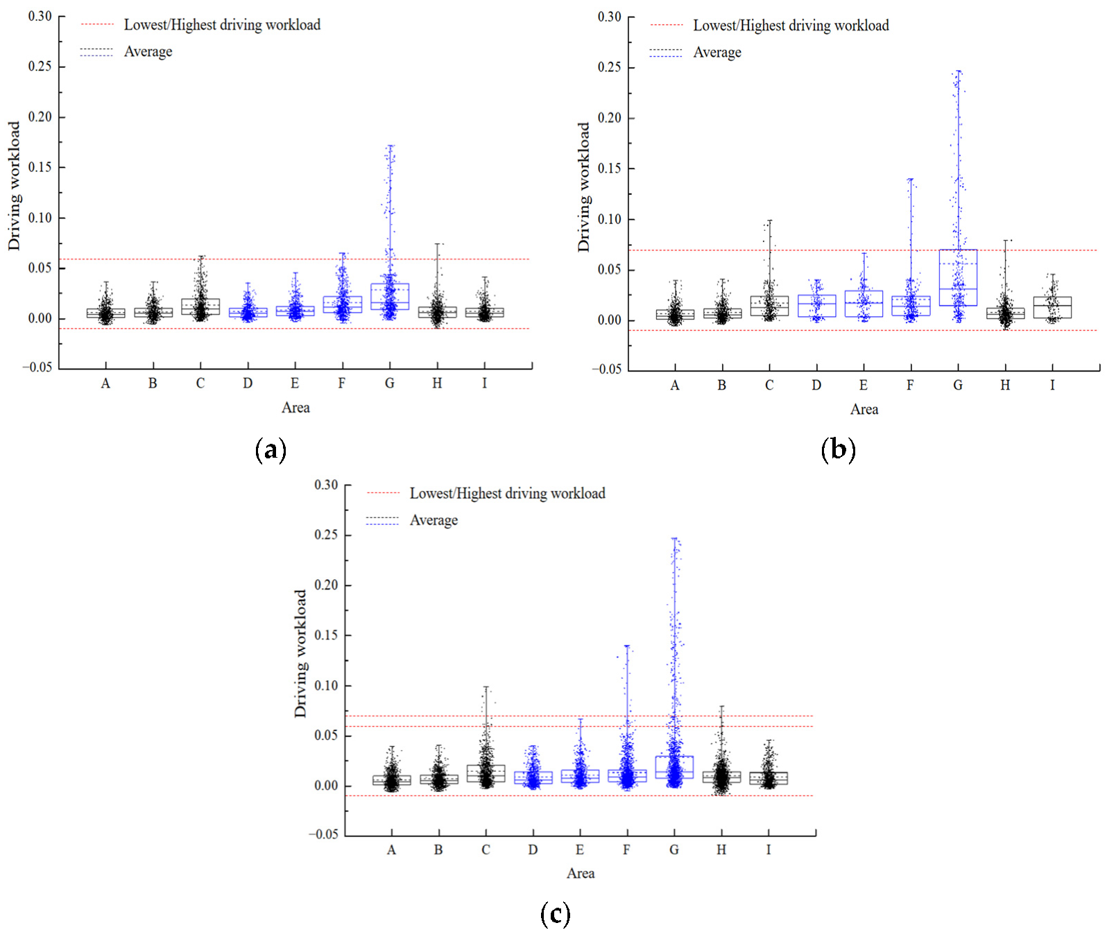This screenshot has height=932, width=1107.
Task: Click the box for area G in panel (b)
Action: pyautogui.click(x=958, y=277)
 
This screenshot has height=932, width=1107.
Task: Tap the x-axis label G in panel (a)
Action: pyautogui.click(x=390, y=383)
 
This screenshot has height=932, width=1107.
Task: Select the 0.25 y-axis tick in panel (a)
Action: pyautogui.click(x=40, y=67)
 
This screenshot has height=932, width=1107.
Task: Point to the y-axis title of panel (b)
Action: pyautogui.click(x=584, y=187)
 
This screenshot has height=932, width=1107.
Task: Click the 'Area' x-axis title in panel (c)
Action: pyautogui.click(x=581, y=873)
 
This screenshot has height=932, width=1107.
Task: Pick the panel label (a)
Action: pyautogui.click(x=271, y=450)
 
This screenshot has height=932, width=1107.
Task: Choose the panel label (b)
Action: pyautogui.click(x=838, y=450)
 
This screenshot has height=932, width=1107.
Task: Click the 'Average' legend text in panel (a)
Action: pyautogui.click(x=148, y=52)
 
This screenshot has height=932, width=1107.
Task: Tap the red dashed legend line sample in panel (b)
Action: pyautogui.click(x=667, y=26)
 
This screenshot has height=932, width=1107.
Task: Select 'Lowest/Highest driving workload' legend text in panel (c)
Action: pyautogui.click(x=508, y=494)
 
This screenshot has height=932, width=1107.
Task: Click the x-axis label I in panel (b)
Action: pyautogui.click(x=1052, y=386)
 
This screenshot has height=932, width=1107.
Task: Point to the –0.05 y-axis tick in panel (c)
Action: pyautogui.click(x=324, y=834)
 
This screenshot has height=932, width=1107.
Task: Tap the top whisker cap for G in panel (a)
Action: pyautogui.click(x=391, y=146)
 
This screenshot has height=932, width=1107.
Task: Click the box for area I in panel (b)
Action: pyautogui.click(x=1052, y=307)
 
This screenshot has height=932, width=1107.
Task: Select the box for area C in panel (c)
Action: pyautogui.click(x=486, y=774)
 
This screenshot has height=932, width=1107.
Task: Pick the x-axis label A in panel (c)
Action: pyautogui.click(x=391, y=850)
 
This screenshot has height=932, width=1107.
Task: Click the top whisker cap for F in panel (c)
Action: pyautogui.click(x=627, y=646)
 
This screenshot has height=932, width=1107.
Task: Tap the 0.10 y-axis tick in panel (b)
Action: pyautogui.click(x=610, y=219)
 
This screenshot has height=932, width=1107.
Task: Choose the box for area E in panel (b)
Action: pyautogui.click(x=864, y=304)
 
